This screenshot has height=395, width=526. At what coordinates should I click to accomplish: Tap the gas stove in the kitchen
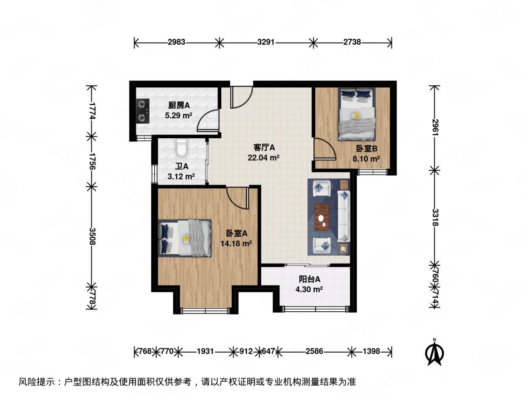point(142,111)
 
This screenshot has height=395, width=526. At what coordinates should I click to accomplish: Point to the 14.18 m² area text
point(236,243)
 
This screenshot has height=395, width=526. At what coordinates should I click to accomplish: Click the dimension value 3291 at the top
point(266,42)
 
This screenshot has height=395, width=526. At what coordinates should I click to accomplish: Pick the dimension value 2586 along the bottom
point(314,351)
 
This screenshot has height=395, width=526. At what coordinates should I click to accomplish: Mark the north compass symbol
point(434,353)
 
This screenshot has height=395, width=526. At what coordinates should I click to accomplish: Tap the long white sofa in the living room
point(344,216)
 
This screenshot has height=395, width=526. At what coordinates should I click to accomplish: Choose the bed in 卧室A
point(185,238)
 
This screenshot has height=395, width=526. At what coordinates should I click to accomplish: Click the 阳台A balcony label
point(309,279)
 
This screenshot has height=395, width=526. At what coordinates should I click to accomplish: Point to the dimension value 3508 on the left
point(92,236)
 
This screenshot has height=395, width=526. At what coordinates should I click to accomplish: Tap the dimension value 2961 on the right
point(435,127)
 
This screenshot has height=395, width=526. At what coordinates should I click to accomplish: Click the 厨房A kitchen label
point(179,105)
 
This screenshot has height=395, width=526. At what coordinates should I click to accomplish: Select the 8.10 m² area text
point(366,158)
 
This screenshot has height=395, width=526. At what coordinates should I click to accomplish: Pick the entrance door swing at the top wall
point(241,97)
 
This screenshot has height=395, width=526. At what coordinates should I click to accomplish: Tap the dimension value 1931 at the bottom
point(205,351)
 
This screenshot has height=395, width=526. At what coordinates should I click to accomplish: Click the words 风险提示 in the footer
point(37,381)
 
